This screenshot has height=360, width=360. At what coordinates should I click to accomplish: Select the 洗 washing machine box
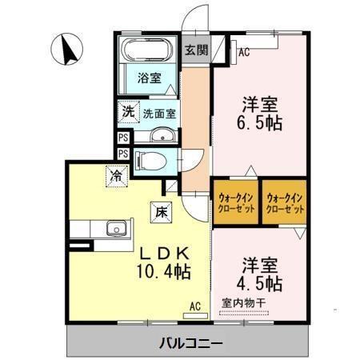coord(127,112)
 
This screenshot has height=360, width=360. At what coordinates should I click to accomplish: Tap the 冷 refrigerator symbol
coord(117,174)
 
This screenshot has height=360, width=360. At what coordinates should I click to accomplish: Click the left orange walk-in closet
coord(235,202)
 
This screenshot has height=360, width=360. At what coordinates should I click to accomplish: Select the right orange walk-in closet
coord(285,202)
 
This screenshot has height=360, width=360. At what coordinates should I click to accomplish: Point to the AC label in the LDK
coord(195,306)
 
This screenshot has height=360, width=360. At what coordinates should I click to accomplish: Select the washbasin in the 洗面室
coord(162,134)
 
